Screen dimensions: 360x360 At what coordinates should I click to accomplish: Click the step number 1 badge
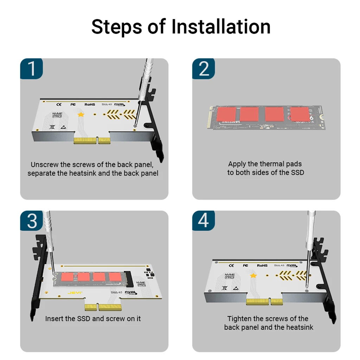pos(32,68)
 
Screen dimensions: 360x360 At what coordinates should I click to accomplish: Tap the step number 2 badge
pos(204,68)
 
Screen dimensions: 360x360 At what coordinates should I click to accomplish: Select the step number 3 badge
pos(32,221)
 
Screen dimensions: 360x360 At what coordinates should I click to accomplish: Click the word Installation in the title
pos(221,27)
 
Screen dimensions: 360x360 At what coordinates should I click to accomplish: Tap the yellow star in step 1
pos(81,115)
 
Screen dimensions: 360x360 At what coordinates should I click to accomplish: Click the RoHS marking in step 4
pos(262,266)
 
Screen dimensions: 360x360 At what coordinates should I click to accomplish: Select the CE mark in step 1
pos(59,104)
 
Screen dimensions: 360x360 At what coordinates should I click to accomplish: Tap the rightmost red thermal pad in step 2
pos(300,114)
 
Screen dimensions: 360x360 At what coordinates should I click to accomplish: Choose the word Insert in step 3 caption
pos(55,319)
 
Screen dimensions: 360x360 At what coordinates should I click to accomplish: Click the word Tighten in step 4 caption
pos(240,319)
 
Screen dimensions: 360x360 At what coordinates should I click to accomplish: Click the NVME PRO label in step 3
pos(142,283)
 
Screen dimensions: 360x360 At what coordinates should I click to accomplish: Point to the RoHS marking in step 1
pos(90,104)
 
